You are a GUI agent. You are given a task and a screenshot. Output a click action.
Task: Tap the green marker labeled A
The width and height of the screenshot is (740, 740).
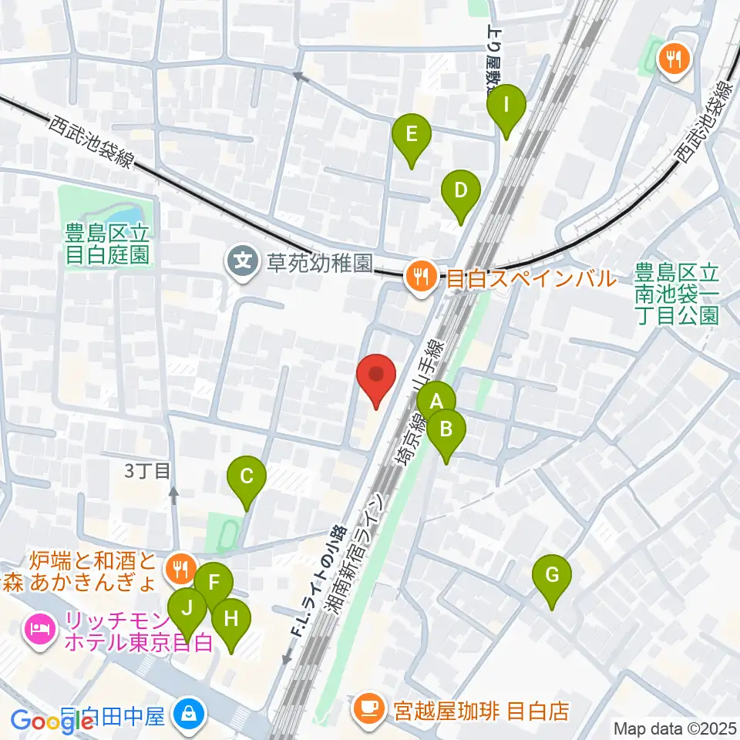click(x=436, y=400)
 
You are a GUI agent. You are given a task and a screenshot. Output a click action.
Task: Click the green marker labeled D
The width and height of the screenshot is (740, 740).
click(x=460, y=190)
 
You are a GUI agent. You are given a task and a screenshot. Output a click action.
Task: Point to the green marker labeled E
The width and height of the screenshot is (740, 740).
click(x=411, y=134)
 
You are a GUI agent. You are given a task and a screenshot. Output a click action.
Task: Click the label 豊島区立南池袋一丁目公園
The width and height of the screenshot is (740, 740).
click(x=678, y=294)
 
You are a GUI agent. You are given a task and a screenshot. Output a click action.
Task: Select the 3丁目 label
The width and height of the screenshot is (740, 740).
click(x=146, y=470)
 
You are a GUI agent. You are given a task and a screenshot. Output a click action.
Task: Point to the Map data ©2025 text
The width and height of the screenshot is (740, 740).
click(x=674, y=728)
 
